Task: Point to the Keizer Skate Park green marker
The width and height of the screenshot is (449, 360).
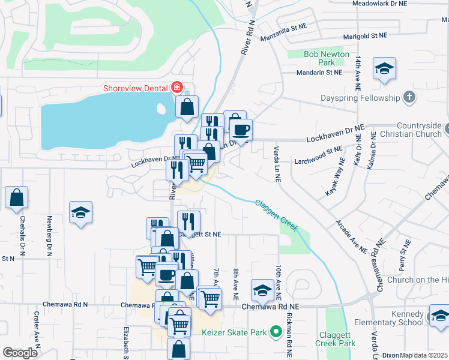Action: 276,332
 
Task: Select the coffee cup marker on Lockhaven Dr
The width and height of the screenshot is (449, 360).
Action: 241,130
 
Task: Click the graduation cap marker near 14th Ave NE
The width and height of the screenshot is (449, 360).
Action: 384,69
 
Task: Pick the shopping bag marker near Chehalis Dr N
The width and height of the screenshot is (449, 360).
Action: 17,197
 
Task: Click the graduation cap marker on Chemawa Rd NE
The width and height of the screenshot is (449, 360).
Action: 262,291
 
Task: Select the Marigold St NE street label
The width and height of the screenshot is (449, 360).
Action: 364,37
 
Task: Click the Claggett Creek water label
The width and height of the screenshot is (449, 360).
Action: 276,215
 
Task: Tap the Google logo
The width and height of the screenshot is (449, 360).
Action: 20,353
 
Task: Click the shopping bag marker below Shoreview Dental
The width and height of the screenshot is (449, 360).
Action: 187,106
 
